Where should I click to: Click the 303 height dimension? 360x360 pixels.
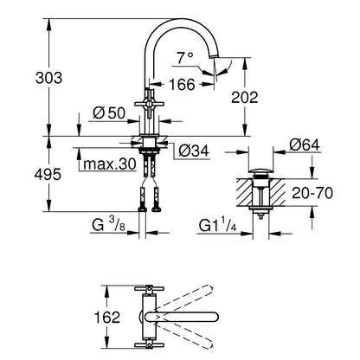coord(48,78)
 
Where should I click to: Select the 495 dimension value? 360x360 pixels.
coord(48,174)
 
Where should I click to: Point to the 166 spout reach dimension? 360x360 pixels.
coord(182,85)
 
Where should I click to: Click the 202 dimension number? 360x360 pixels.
coord(245,98)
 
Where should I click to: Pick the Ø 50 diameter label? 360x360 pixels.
coord(109,112)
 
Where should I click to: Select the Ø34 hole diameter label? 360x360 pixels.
coord(194,151)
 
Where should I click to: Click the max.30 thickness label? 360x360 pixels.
coord(110,164)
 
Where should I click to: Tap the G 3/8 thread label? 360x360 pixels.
coord(109,225)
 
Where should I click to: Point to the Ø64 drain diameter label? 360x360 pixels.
coord(305,145)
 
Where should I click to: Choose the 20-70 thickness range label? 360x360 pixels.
coord(312,193)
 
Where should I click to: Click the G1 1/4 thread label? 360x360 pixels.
coord(217,225)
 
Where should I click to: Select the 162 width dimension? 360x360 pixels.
coord(107,318)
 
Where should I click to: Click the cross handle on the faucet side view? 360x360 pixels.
coord(149,104)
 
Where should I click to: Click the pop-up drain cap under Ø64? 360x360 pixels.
coord(260,172)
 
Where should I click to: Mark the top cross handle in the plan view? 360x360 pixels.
coord(149,288)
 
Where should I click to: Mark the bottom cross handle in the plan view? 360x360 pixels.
coord(149,344)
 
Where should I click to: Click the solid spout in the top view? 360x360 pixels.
coord(182,317)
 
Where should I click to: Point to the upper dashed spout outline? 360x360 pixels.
coord(184,297)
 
